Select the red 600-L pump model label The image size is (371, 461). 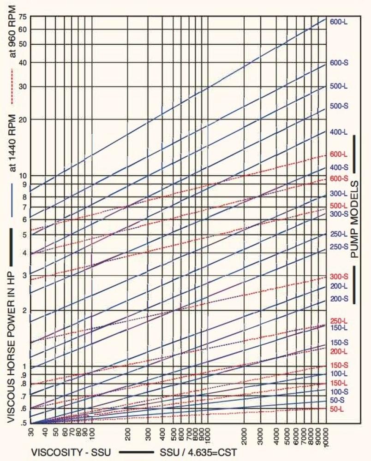point(339,154)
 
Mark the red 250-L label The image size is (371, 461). point(339,321)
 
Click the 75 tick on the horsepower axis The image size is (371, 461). point(23,17)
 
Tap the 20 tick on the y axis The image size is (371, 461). point(23,119)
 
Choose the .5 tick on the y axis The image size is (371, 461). point(23,422)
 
